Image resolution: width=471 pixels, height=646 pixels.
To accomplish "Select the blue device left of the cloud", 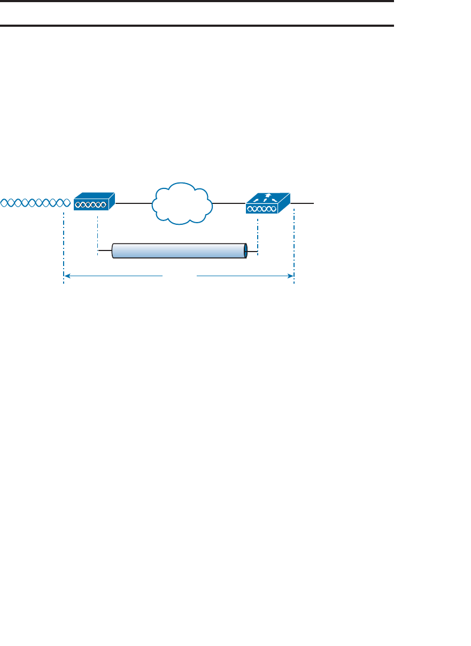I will point(94,202).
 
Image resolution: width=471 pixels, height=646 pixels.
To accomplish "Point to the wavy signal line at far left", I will point(35,203).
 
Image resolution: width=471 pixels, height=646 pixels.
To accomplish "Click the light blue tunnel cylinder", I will point(179,251).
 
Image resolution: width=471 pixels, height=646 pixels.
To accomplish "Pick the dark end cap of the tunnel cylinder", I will point(245,251).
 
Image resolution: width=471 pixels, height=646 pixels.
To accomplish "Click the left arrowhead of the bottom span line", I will point(67,276).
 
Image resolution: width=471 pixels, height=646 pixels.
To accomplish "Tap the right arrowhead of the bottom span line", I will point(291,276).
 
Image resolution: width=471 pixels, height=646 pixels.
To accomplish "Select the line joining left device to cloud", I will point(133,203).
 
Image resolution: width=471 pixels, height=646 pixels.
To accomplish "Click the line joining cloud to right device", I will point(229,203).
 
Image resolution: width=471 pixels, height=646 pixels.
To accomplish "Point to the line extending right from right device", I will point(304,203).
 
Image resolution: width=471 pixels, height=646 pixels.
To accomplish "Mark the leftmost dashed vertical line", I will point(63,246).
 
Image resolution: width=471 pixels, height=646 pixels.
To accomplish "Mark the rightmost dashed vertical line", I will point(294,246).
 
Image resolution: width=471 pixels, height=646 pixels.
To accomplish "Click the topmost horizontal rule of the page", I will point(197,2).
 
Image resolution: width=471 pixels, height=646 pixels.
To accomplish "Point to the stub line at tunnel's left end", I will point(105,250).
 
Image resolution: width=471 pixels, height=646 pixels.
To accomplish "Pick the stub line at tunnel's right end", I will point(253,251).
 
